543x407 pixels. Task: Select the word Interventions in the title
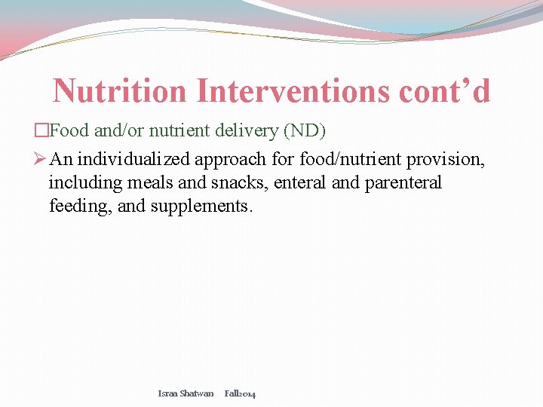[290, 92]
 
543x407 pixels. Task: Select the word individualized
[133, 160]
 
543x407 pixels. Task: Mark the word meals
[141, 183]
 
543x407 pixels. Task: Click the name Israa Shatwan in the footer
[186, 393]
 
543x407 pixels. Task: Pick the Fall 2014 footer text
[240, 393]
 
